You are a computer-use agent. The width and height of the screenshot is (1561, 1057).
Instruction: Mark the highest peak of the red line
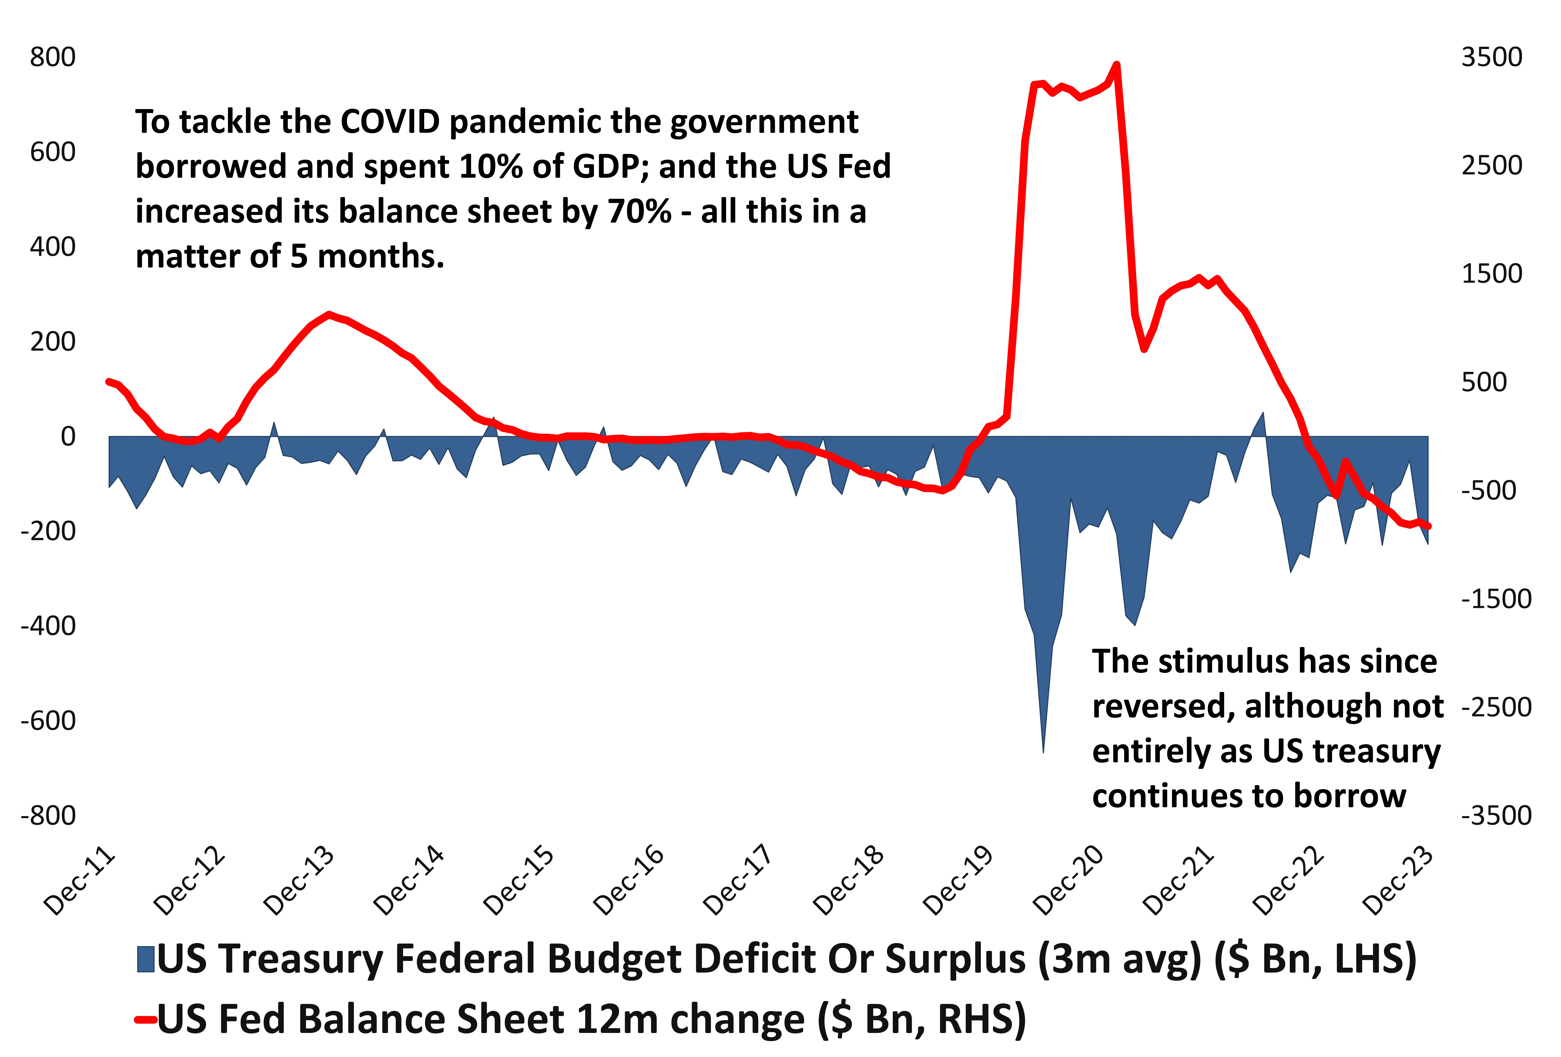1116,64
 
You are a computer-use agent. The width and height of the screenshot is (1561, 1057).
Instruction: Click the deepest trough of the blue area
1043,751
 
